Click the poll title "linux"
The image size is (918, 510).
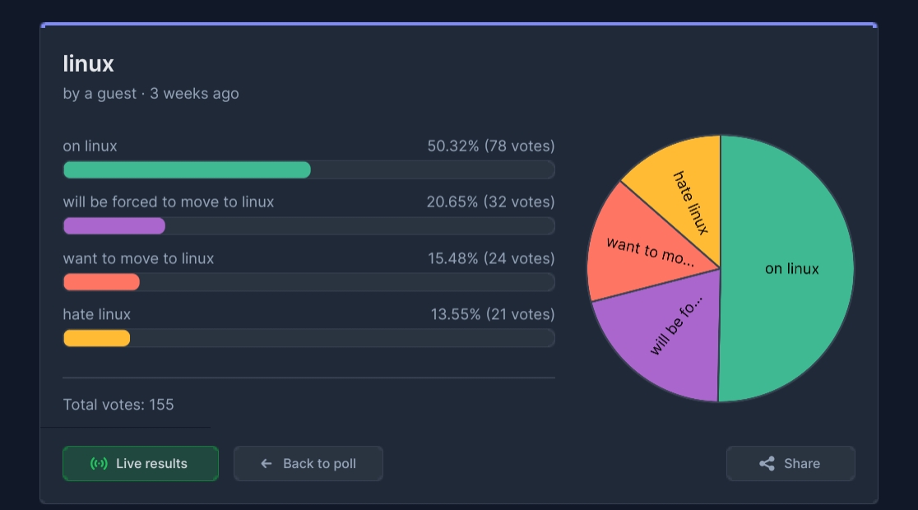[88, 64]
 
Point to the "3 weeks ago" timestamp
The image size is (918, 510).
[194, 94]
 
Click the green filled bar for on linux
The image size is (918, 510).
[187, 169]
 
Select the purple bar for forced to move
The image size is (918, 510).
[114, 226]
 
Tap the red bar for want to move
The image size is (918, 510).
[101, 282]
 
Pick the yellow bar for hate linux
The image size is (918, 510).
[96, 338]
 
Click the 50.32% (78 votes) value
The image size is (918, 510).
[490, 146]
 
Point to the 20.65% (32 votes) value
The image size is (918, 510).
[490, 202]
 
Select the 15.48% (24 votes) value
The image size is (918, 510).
[491, 258]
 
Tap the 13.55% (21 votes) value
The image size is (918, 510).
[493, 314]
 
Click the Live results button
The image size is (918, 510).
[141, 464]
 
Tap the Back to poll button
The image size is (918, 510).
[308, 464]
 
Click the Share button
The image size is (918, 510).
[790, 464]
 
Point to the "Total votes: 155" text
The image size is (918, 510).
[118, 405]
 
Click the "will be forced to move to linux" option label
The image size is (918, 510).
[169, 202]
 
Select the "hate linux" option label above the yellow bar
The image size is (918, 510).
[96, 314]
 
